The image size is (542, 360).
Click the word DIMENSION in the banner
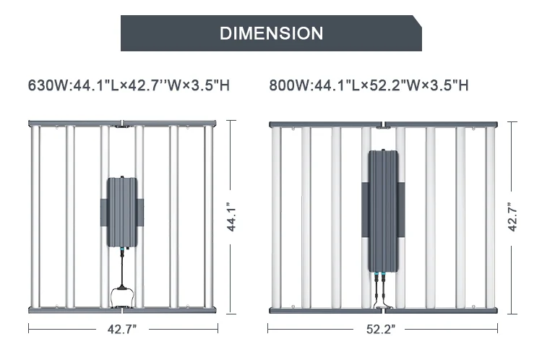271,33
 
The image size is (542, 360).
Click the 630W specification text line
129,85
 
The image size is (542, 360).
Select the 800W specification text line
369,85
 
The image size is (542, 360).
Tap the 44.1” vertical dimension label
231,217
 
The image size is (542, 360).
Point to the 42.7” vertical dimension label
512,217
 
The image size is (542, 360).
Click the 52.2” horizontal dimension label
381,329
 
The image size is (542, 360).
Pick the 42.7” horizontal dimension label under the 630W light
122,329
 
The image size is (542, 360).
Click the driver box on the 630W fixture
122,213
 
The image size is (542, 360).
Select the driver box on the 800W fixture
383,211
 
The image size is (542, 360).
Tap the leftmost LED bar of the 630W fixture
35,217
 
